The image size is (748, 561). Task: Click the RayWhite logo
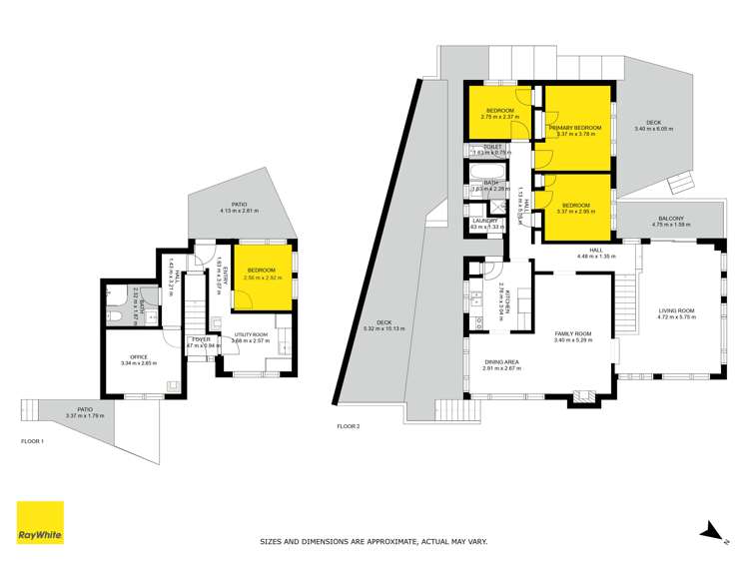click(40, 523)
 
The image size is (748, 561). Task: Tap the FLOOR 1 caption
click(33, 441)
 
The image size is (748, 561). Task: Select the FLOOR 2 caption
click(349, 426)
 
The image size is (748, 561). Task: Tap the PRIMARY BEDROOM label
click(575, 128)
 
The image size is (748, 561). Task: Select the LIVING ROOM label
click(675, 311)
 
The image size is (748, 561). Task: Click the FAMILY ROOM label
click(573, 333)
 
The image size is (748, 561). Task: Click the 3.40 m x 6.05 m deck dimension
click(654, 130)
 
